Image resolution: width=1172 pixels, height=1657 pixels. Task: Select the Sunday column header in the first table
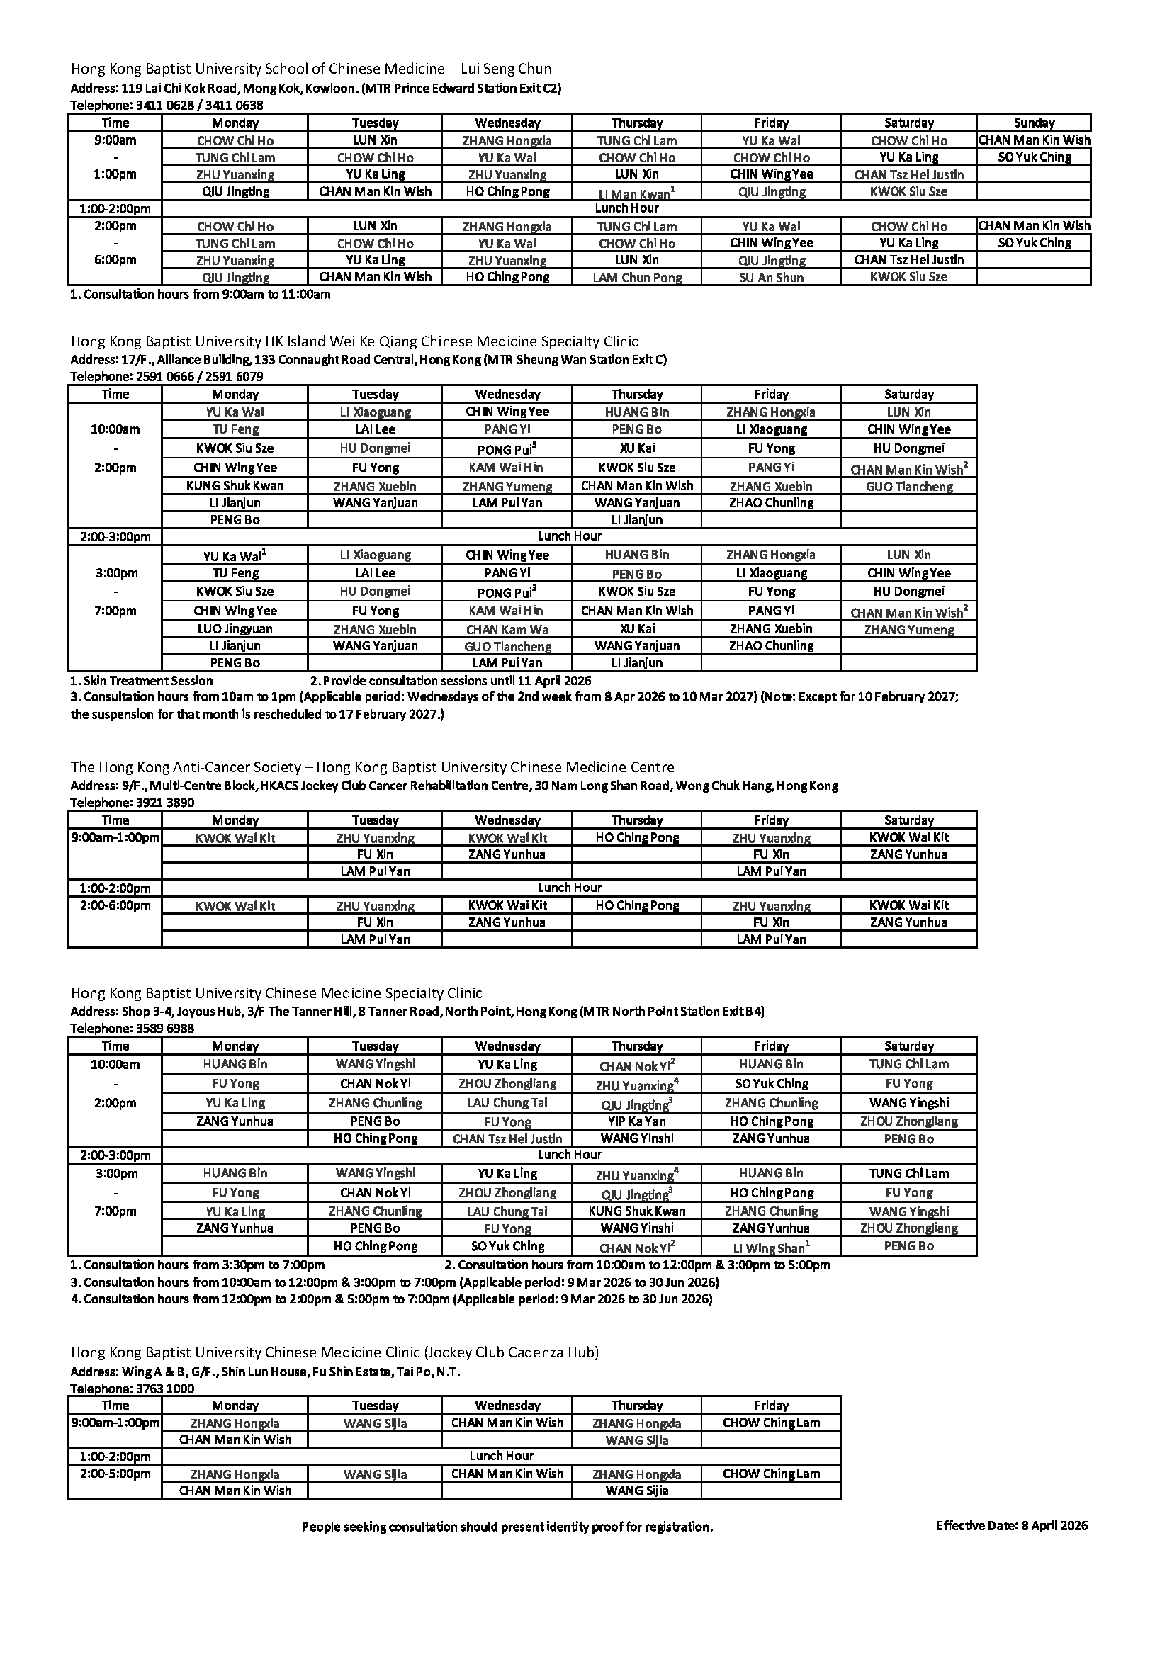tap(1033, 123)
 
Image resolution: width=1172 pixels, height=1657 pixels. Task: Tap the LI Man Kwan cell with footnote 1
tap(636, 193)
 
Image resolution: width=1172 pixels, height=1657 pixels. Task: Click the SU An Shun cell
tap(771, 277)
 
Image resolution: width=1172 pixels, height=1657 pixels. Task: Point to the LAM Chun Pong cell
tap(636, 277)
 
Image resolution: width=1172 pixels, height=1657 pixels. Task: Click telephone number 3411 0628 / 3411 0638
tap(167, 106)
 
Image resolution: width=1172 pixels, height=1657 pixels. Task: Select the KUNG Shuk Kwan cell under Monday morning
tap(235, 486)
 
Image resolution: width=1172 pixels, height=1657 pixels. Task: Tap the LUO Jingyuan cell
tap(235, 628)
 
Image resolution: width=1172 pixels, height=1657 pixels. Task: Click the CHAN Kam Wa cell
tap(507, 628)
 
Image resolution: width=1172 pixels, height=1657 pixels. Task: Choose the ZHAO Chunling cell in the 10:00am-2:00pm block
tap(771, 503)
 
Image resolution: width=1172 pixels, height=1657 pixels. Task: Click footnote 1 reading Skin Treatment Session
tap(142, 681)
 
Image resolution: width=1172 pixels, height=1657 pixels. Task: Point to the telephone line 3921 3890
tap(132, 803)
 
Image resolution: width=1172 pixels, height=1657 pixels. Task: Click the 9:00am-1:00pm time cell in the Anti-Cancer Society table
tap(115, 838)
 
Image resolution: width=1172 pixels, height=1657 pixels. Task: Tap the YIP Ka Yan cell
tap(636, 1121)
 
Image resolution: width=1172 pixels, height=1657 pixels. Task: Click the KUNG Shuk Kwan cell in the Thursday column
tap(636, 1211)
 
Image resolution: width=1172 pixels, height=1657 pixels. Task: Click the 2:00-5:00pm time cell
tap(115, 1474)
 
